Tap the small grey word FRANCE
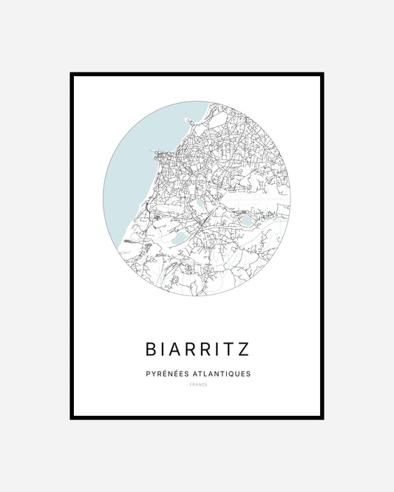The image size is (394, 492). coord(197,386)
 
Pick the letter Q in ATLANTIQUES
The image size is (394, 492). coord(229,374)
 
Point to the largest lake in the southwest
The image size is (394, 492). coord(180,239)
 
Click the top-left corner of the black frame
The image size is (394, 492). coord(72,74)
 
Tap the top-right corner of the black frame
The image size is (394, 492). coord(323,74)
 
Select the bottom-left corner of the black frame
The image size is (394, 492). coord(72,418)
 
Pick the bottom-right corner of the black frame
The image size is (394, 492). coord(323,418)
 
